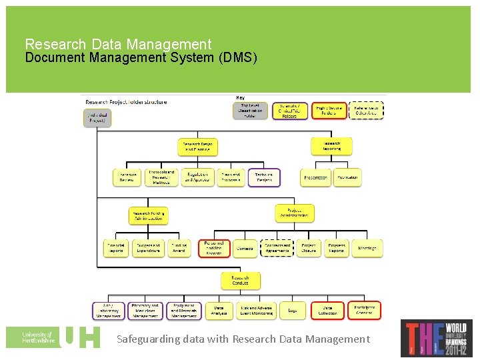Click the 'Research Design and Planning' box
point(198,147)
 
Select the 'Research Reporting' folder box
point(331,145)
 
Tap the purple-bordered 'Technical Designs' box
point(264,177)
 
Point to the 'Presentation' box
point(315,177)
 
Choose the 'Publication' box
point(347,177)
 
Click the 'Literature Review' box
point(127,177)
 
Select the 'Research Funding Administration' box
point(148,215)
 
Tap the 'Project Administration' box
point(295,213)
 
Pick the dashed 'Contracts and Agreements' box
point(277,248)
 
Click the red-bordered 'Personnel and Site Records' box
point(214,248)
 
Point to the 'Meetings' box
point(368,248)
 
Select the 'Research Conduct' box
point(240,280)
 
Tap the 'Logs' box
point(293,310)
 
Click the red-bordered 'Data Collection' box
point(328,310)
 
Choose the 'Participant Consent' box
point(364,310)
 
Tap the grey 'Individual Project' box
point(97,117)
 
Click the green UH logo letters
point(80,337)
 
